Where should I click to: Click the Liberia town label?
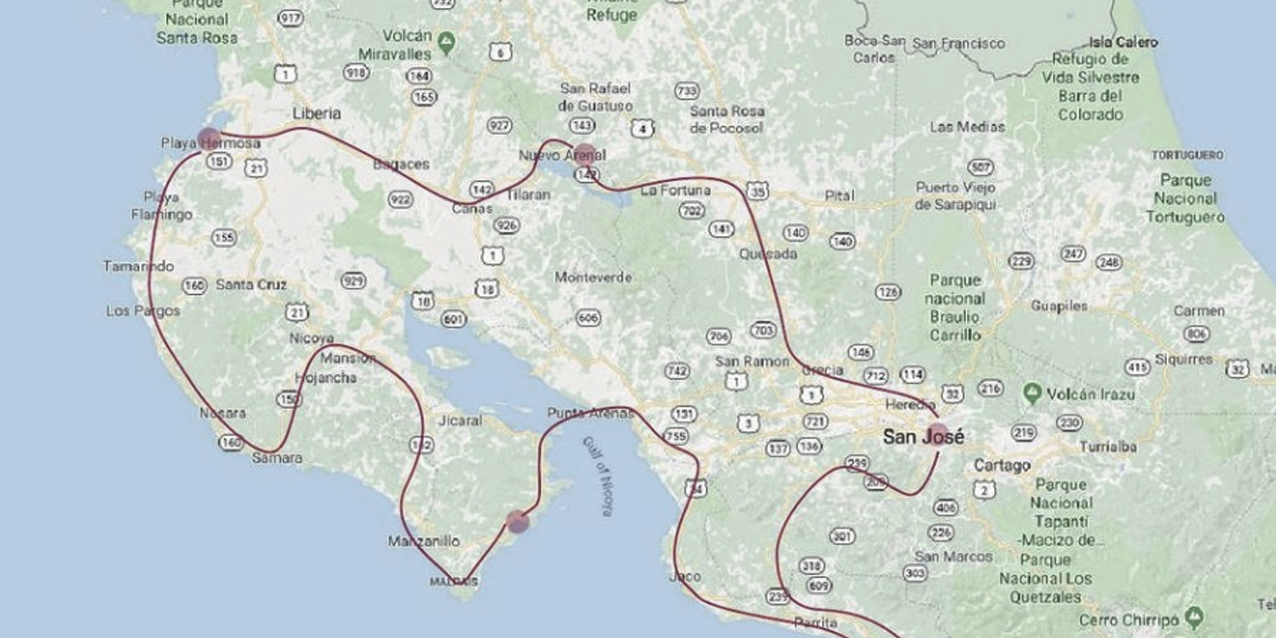317,113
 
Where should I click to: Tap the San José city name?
923,437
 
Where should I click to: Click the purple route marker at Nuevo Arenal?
585,155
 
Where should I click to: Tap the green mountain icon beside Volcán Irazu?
1032,394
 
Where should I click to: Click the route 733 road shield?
687,91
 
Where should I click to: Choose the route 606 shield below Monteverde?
588,317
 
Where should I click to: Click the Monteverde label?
593,277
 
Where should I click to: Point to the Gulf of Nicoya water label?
597,476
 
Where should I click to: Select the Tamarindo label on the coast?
138,266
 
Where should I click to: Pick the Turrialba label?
1108,447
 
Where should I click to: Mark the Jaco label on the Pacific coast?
685,577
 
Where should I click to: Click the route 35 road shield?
757,191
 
